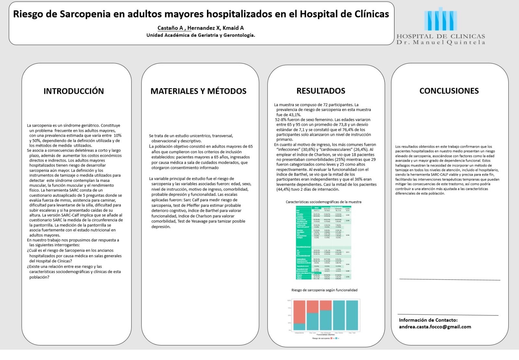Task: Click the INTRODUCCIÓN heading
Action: [x=74, y=91]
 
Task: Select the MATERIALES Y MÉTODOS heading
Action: [x=198, y=91]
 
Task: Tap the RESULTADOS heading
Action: [x=321, y=91]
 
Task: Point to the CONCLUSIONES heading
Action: [x=449, y=91]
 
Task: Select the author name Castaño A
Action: [x=170, y=28]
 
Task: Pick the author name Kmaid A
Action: [x=233, y=28]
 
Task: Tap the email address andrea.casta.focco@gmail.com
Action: [x=435, y=327]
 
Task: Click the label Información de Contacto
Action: [x=428, y=320]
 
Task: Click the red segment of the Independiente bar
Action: [x=299, y=312]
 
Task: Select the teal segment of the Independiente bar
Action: [x=299, y=327]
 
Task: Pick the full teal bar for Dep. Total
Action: [x=352, y=315]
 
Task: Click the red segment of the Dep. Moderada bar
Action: [x=326, y=305]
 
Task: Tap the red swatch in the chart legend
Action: [x=331, y=338]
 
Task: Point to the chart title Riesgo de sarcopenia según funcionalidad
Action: [x=324, y=290]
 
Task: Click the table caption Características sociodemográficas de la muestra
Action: [x=323, y=202]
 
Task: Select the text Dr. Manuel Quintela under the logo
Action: [x=441, y=43]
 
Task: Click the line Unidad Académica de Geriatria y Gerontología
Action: [x=201, y=35]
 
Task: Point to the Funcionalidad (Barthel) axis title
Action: [x=325, y=335]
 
